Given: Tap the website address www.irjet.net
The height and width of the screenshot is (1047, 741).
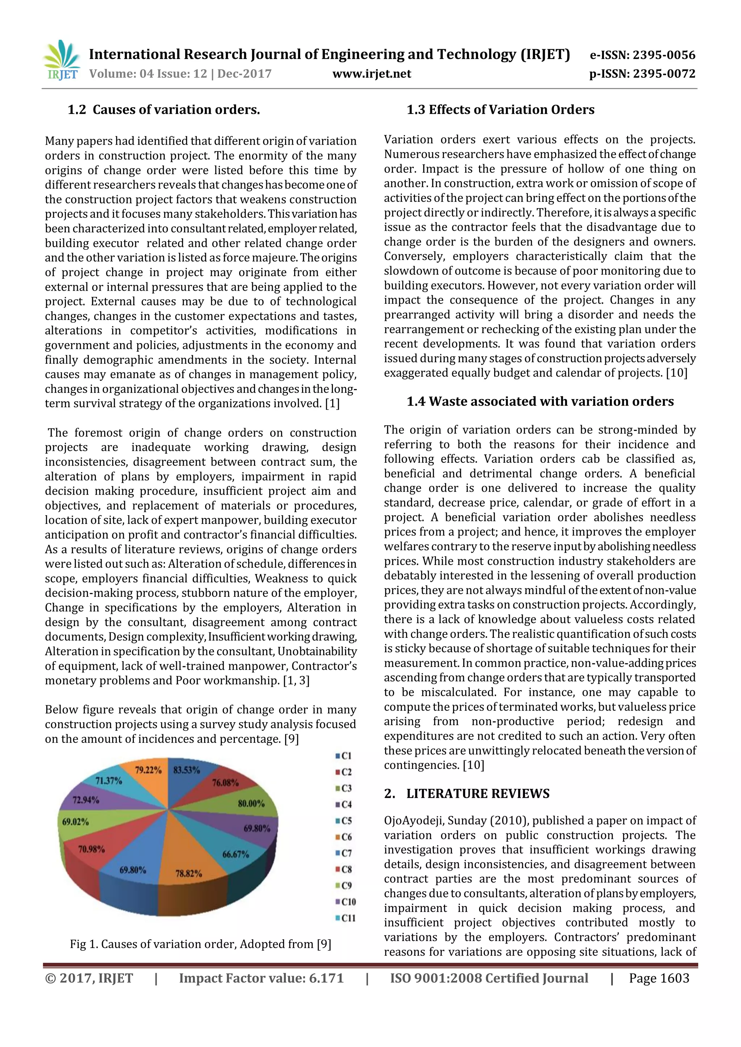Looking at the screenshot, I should point(372,74).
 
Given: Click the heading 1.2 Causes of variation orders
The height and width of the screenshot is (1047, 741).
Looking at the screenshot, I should point(164,110).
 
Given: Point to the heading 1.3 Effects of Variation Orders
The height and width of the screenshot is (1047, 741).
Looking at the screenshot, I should point(500,110).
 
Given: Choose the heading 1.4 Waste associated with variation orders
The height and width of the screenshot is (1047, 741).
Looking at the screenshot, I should point(540,402).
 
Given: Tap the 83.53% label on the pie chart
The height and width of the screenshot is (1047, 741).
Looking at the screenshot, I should point(187,770).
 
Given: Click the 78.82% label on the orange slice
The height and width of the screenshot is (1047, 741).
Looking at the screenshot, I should point(189,874).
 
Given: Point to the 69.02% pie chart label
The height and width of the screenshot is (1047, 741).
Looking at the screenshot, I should point(75,822).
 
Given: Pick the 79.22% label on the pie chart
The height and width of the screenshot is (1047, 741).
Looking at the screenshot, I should point(148,770).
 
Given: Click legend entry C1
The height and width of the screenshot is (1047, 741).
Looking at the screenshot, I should point(344,756).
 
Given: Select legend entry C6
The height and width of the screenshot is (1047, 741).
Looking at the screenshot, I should point(344,837).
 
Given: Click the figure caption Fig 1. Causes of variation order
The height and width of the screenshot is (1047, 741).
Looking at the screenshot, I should point(200,944).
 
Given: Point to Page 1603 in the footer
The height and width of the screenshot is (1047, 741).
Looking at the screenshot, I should point(659,979).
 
